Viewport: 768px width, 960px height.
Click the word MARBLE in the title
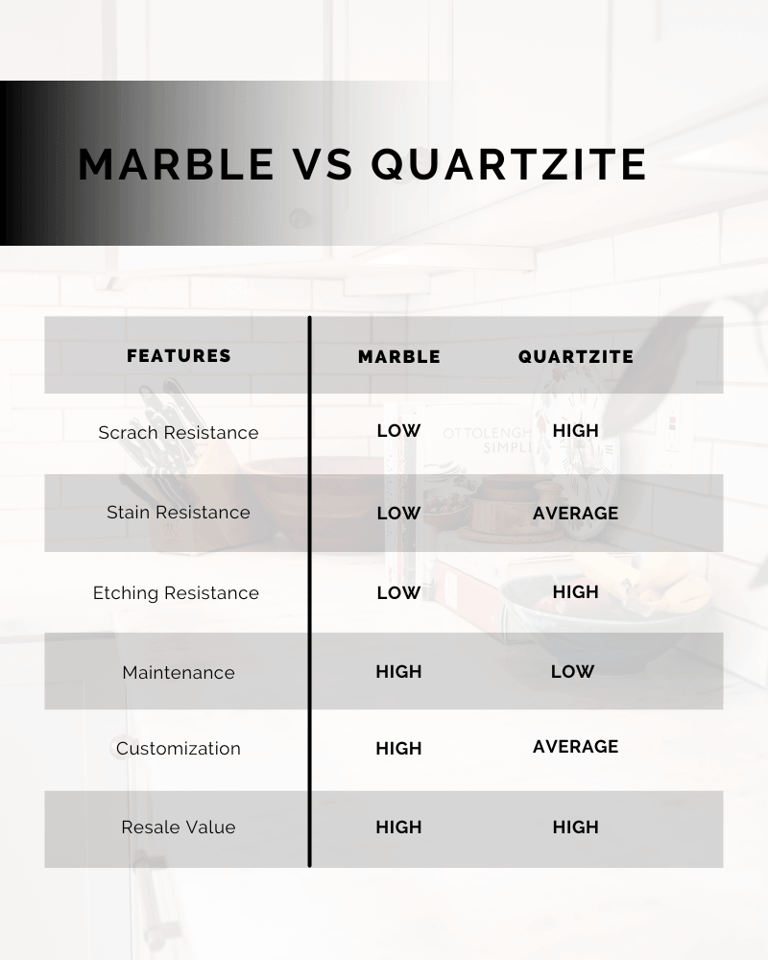[x=177, y=164]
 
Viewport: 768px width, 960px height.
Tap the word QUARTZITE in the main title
[x=509, y=165]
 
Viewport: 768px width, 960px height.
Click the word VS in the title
[x=323, y=164]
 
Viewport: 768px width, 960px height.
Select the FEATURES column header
[x=179, y=356]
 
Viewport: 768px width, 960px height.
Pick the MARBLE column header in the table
[x=399, y=357]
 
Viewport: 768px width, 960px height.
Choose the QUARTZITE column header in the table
[x=576, y=357]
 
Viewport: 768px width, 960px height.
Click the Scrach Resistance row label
[x=179, y=432]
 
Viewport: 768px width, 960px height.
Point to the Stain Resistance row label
[x=179, y=512]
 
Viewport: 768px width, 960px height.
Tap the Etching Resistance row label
[x=176, y=592]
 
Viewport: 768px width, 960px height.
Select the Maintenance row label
[x=179, y=672]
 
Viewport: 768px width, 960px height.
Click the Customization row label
[x=179, y=748]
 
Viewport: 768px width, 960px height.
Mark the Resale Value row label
[x=179, y=828]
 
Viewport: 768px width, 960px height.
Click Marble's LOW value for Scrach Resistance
[x=398, y=431]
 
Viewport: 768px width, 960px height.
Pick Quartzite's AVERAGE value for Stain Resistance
[x=576, y=513]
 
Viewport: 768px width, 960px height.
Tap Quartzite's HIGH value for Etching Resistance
[x=576, y=592]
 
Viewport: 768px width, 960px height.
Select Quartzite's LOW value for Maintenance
[x=572, y=672]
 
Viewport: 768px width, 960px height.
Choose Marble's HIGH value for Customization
[x=398, y=748]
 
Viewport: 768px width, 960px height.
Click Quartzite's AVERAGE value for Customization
[x=576, y=746]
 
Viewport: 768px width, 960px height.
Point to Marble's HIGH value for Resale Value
[x=398, y=828]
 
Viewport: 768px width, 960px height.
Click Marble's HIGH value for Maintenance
[x=398, y=672]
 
